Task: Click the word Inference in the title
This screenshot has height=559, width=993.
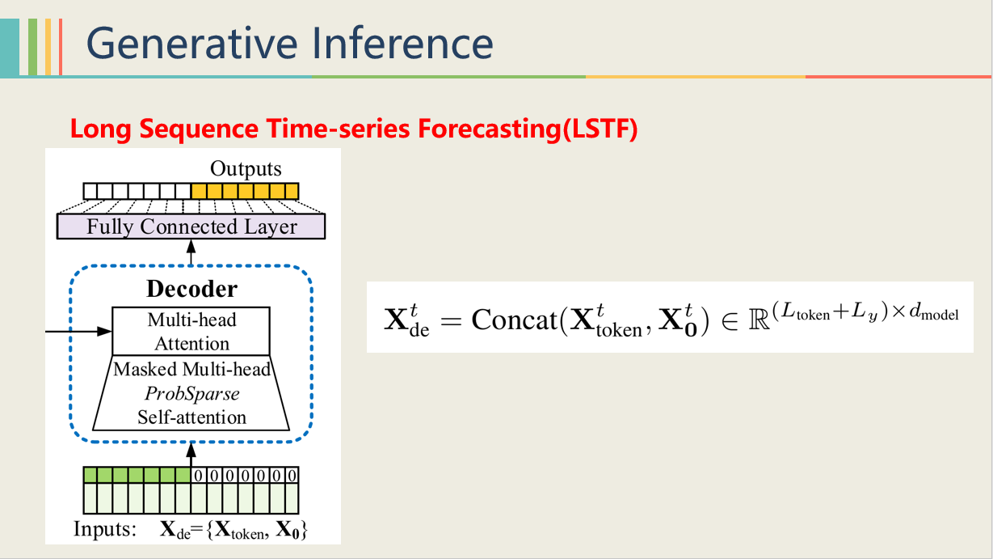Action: coord(403,42)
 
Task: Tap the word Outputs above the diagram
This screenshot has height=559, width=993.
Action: coord(246,169)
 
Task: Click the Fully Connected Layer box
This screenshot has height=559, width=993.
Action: coord(191,227)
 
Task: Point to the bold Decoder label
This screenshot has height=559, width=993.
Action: coord(191,289)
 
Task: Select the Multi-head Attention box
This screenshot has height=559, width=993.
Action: coord(191,331)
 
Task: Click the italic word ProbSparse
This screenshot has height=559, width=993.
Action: coord(191,394)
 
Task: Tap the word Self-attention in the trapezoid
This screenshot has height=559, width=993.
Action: coord(191,417)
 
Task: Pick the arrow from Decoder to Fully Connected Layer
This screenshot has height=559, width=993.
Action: coord(191,251)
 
